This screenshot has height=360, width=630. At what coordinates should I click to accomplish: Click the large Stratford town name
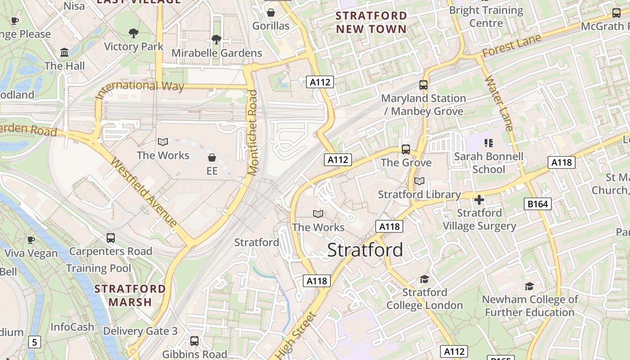coord(365,250)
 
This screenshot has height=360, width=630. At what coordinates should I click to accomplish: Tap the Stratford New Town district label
coord(371,22)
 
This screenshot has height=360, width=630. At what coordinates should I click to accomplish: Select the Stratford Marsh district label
coord(130,295)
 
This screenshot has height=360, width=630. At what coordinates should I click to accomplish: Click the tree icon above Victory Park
coord(133,33)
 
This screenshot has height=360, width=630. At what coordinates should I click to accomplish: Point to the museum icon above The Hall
coord(64,53)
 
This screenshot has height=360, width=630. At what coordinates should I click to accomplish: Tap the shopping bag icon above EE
coord(212,157)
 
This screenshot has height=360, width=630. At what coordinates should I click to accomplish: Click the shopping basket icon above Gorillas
coord(271,12)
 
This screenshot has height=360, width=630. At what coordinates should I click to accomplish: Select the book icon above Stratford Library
coord(419,181)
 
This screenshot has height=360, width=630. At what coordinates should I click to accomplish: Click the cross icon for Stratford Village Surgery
coord(479,199)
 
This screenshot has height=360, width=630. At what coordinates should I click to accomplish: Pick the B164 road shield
coord(538,204)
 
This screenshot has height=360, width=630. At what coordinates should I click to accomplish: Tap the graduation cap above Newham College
coord(529,286)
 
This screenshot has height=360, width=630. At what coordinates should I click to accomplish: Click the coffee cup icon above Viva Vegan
coord(31,240)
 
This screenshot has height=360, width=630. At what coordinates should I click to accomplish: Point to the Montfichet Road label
coord(253,132)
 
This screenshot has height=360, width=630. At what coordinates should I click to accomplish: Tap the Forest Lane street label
coord(511,47)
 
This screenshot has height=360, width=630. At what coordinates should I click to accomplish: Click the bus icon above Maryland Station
coord(423,85)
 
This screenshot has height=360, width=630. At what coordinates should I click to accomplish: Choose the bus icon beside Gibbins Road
coord(194,341)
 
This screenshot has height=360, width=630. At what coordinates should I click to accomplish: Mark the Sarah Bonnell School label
coord(489,163)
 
